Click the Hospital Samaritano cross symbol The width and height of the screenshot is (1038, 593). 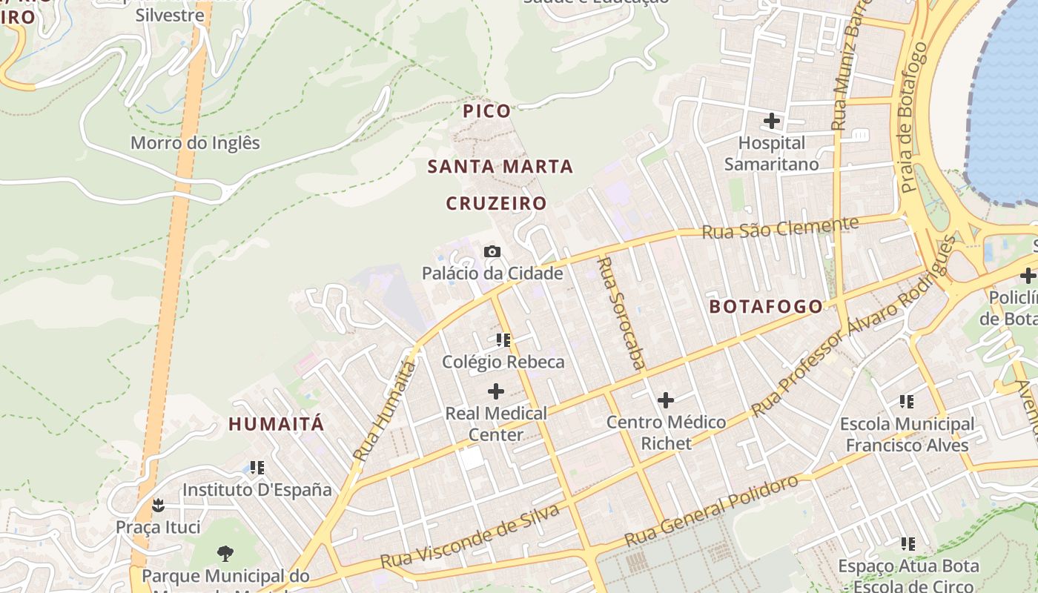point(772,120)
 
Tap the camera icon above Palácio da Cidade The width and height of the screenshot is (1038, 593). point(492,252)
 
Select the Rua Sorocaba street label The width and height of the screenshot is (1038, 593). point(621,313)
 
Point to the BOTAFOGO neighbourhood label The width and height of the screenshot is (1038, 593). point(766,307)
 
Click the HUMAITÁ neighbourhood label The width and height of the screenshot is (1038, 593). point(277,424)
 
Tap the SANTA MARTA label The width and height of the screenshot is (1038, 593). point(500,167)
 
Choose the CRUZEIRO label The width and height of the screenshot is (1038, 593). point(496,203)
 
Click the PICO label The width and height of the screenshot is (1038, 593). point(487,111)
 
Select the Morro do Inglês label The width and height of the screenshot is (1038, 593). point(195,142)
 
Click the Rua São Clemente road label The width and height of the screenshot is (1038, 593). point(780,228)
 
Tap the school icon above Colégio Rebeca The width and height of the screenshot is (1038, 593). point(503,340)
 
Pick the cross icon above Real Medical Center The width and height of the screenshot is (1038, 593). point(495,391)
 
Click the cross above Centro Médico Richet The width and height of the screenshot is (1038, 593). point(666,400)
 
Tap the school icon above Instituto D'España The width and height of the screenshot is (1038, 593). point(257,468)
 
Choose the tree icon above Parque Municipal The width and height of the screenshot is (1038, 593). point(225,553)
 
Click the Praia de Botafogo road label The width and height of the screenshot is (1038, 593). point(914,117)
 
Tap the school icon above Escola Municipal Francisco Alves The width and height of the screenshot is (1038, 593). point(906,402)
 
